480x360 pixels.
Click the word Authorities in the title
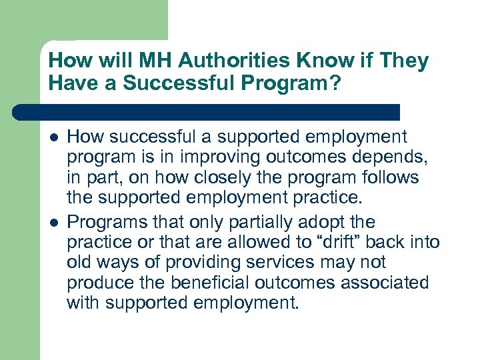pyautogui.click(x=224, y=61)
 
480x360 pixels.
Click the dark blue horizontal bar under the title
pyautogui.click(x=207, y=111)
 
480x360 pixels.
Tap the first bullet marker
pyautogui.click(x=53, y=137)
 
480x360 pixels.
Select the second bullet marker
pyautogui.click(x=53, y=221)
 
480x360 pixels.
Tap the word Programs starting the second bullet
pyautogui.click(x=102, y=221)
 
